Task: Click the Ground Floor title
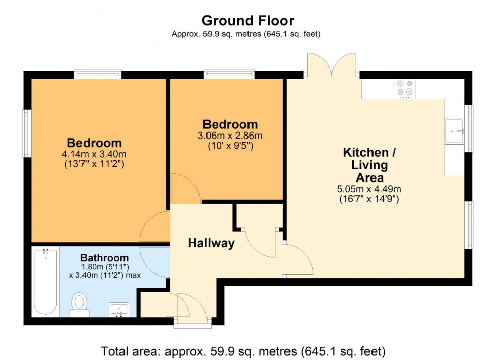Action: tap(247, 21)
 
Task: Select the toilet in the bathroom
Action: tap(79, 304)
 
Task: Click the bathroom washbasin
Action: tap(119, 309)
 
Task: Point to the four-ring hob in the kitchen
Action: tap(405, 87)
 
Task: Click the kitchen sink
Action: tap(454, 131)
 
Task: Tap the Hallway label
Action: tap(211, 243)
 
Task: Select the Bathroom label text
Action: tap(104, 258)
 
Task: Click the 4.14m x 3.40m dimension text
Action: tap(95, 154)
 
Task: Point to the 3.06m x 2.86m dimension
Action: tap(230, 136)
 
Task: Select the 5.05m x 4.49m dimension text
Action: tap(369, 189)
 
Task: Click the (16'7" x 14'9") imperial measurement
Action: tap(369, 199)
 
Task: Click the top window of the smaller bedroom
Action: tap(229, 74)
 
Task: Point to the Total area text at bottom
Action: tap(243, 350)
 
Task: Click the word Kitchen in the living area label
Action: tap(366, 152)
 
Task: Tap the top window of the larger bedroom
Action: tap(98, 74)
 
